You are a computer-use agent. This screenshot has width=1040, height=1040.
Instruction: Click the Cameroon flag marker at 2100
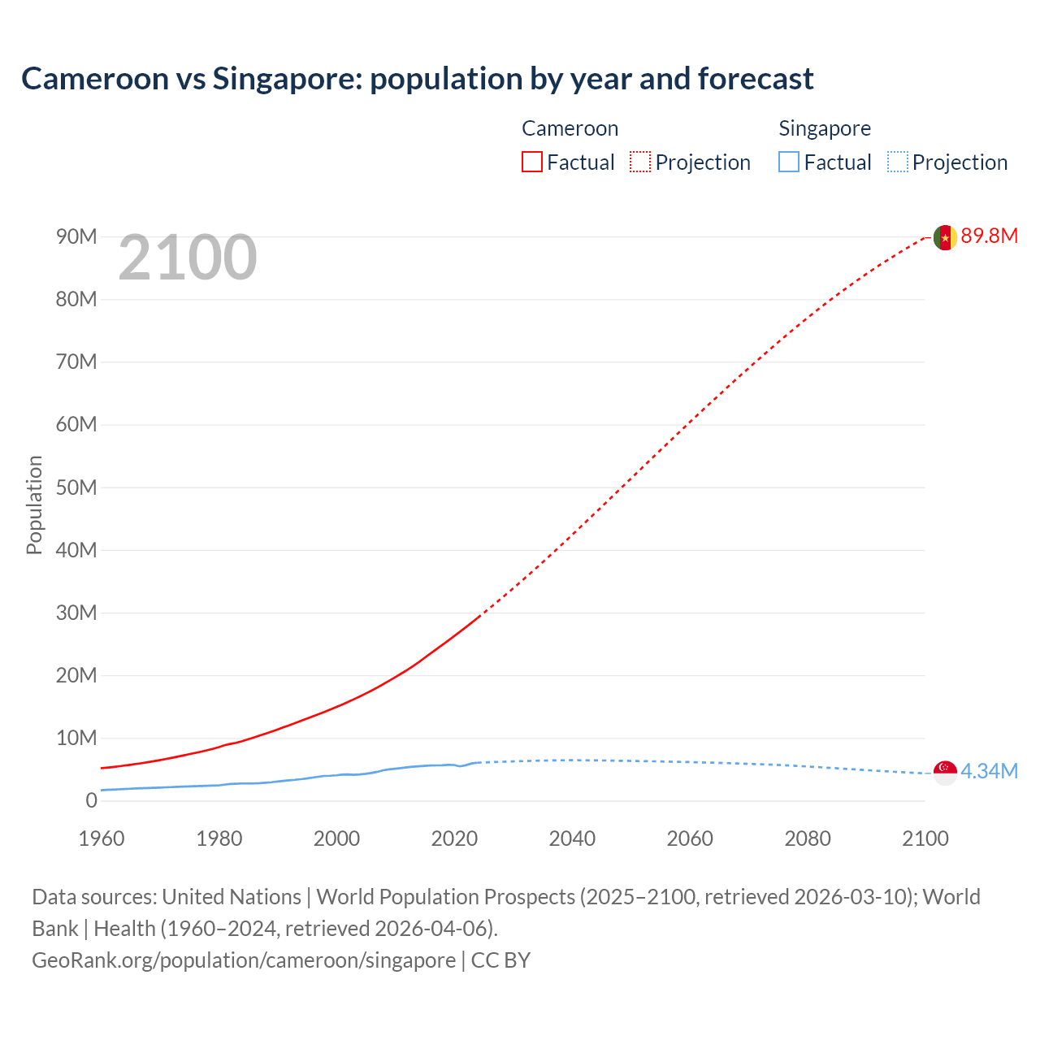click(x=945, y=237)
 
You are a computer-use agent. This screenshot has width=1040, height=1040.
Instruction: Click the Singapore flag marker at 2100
click(x=945, y=773)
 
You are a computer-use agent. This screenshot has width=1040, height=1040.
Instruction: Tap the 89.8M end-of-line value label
click(x=989, y=236)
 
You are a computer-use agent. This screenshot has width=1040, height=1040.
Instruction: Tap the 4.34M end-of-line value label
click(x=989, y=771)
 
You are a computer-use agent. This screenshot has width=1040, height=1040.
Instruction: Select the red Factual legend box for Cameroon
click(x=531, y=162)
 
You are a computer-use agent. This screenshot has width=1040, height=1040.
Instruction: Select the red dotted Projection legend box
click(x=640, y=162)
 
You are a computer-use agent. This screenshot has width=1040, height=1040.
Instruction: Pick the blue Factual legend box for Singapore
click(x=789, y=162)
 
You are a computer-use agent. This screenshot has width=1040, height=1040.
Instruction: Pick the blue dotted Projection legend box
click(x=898, y=162)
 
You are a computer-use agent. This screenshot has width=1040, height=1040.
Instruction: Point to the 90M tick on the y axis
click(x=76, y=236)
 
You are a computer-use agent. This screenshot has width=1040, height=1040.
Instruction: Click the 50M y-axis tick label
click(x=76, y=487)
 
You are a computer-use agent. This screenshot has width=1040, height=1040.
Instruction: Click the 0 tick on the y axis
click(x=91, y=800)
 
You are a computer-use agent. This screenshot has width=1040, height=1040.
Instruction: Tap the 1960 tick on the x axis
click(x=102, y=838)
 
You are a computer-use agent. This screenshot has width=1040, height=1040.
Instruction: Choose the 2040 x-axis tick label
click(x=572, y=838)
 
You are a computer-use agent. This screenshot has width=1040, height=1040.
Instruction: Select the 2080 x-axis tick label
click(x=808, y=838)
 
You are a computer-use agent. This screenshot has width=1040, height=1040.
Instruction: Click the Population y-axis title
click(x=34, y=505)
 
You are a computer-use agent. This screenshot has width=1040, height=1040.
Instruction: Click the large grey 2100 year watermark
click(x=188, y=258)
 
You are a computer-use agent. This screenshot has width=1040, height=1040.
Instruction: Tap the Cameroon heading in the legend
click(x=570, y=128)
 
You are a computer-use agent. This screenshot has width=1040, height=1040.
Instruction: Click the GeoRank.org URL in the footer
click(x=244, y=960)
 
